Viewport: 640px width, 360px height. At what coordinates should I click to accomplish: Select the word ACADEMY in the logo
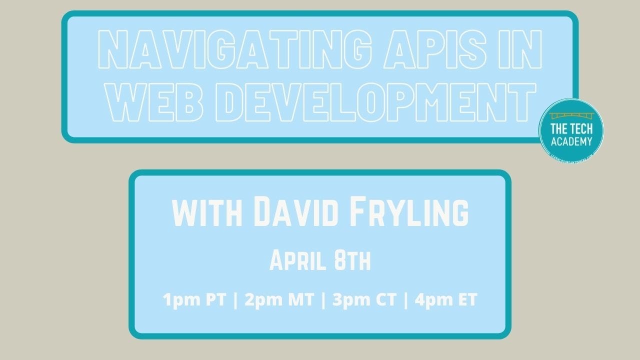(571, 141)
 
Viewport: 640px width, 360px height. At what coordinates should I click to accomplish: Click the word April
(298, 260)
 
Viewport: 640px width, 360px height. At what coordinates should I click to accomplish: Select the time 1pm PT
(194, 300)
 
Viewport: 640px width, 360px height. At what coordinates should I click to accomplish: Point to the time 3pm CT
(364, 300)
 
